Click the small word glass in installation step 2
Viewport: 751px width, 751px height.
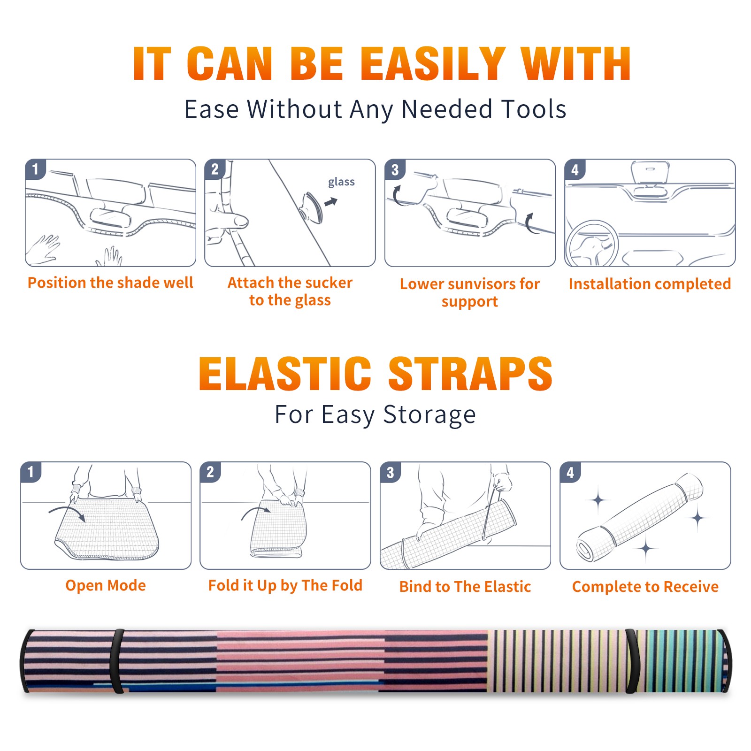click(x=341, y=182)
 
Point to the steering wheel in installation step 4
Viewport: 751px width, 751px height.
click(x=592, y=243)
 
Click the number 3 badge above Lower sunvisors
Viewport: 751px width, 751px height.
click(x=395, y=169)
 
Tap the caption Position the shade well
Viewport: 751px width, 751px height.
click(x=110, y=283)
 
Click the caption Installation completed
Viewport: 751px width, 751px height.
click(x=650, y=284)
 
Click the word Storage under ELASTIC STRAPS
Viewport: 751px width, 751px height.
click(x=429, y=415)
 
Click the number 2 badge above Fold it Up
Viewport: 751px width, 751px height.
click(x=210, y=472)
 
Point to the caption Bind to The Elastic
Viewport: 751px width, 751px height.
click(x=465, y=587)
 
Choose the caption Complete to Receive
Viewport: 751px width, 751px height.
click(x=645, y=587)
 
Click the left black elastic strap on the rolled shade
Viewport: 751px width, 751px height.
click(x=117, y=661)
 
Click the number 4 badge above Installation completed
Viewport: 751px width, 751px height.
click(x=575, y=169)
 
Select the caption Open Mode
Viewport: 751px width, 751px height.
click(x=106, y=585)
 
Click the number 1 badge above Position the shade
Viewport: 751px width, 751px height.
click(x=35, y=169)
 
